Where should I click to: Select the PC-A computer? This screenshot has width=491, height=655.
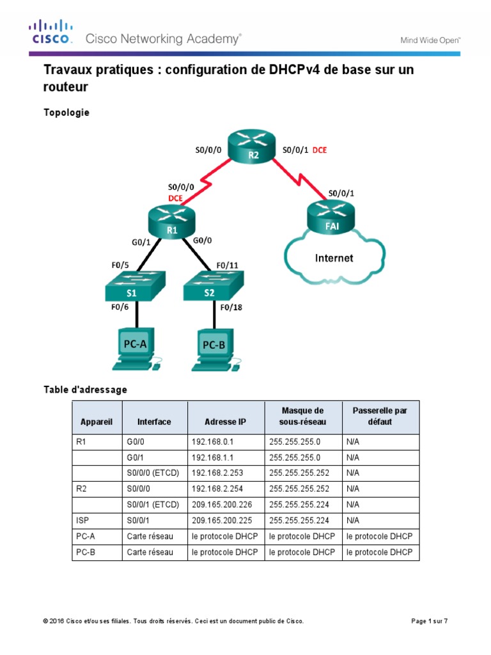tap(135, 349)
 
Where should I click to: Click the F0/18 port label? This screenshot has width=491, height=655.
tap(230, 307)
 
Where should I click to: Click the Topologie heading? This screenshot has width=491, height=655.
tap(66, 113)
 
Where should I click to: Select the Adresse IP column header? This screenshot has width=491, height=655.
tap(225, 422)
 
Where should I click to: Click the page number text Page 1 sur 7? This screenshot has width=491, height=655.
tap(428, 621)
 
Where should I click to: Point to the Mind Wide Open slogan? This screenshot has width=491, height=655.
tap(430, 40)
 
